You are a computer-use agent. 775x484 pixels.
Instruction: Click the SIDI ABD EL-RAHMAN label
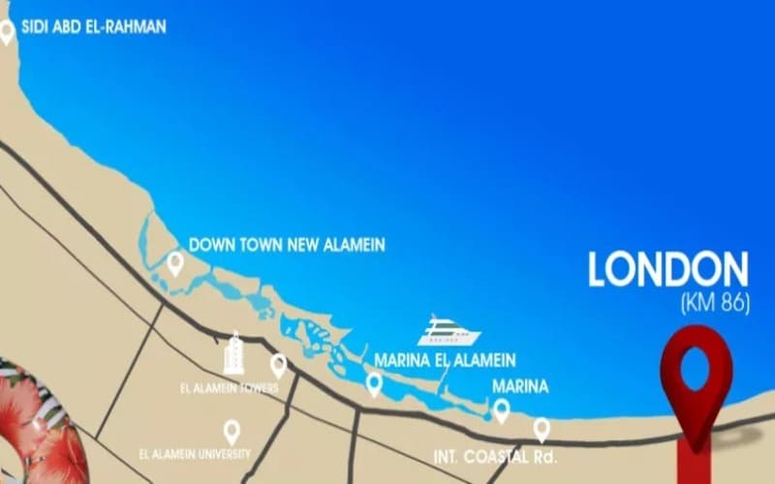coord(93,27)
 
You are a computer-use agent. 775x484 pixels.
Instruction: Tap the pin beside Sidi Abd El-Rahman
coord(7,31)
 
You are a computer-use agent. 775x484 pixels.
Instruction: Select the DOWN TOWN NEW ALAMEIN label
coord(287,245)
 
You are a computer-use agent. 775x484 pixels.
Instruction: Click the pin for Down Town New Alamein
coord(175,262)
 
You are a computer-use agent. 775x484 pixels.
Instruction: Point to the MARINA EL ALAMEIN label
coord(446,359)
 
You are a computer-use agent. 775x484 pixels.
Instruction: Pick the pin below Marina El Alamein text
coord(374,384)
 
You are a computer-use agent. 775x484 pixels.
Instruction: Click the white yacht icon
coord(449,332)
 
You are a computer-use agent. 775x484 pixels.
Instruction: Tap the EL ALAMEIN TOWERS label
coord(230,388)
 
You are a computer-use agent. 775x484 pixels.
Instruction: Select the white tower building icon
coord(233,353)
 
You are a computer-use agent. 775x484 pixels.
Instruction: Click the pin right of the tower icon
coord(278,365)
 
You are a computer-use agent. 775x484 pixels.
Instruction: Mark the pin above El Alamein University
coord(232,431)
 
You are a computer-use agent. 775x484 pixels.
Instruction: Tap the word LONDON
coord(668,270)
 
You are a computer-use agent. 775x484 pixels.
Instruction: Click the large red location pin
coord(695,382)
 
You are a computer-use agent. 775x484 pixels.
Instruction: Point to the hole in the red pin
coord(695,368)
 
